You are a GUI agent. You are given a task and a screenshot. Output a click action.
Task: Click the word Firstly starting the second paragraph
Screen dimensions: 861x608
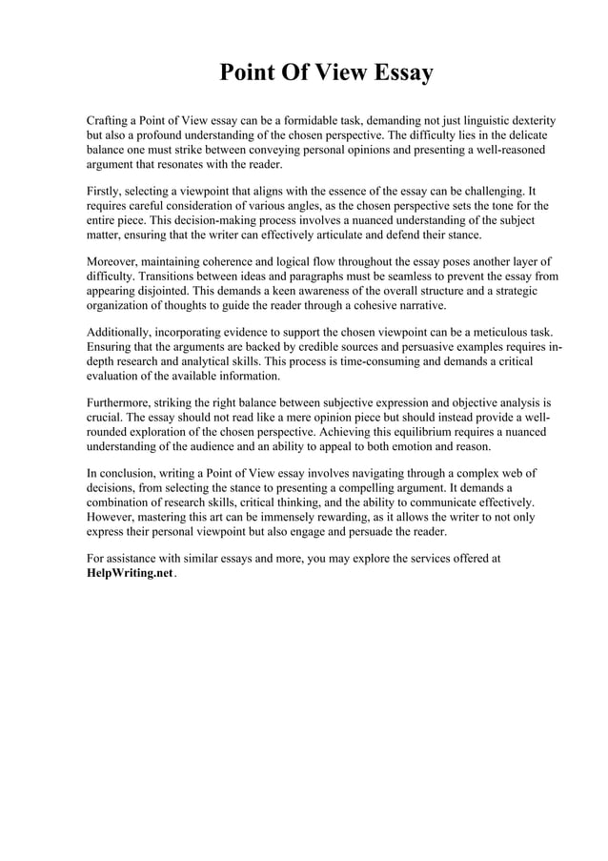tap(104, 190)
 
